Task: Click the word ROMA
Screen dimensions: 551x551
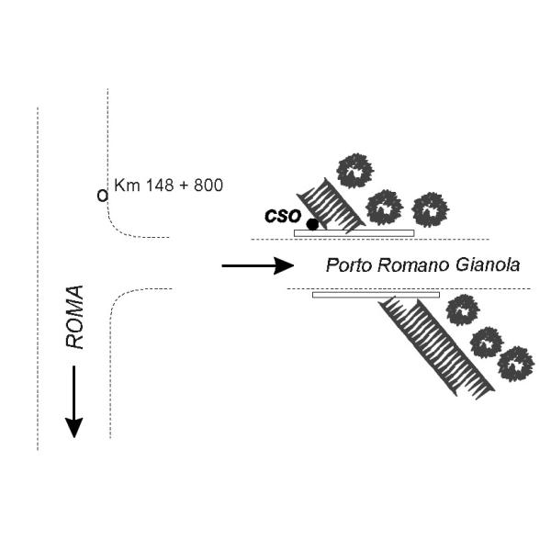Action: [x=74, y=317]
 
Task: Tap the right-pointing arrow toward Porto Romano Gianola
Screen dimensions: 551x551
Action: [x=257, y=266]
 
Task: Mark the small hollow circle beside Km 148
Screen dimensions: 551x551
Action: [x=102, y=195]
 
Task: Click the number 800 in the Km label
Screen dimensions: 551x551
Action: [x=208, y=186]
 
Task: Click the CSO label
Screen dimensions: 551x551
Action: [x=282, y=216]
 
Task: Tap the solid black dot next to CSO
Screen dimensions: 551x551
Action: [x=312, y=224]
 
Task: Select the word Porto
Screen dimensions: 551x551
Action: [x=347, y=266]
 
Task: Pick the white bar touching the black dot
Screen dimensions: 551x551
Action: [x=354, y=233]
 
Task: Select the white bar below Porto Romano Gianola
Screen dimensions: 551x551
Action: [x=376, y=295]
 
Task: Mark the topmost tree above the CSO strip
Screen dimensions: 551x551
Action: [x=354, y=171]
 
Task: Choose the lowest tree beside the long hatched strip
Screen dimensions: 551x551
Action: [x=515, y=363]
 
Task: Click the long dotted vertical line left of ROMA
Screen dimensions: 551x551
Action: [x=37, y=275]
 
